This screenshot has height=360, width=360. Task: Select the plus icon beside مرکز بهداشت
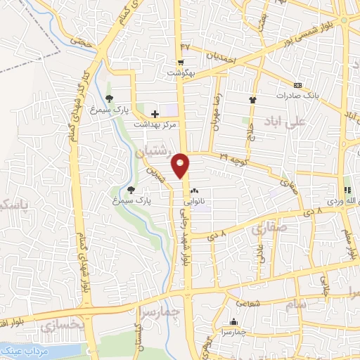pos(155,112)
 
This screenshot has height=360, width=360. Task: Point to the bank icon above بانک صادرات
pos(298,82)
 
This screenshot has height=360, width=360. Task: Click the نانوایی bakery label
pos(193,200)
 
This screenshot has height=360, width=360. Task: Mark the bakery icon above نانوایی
pos(194,190)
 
